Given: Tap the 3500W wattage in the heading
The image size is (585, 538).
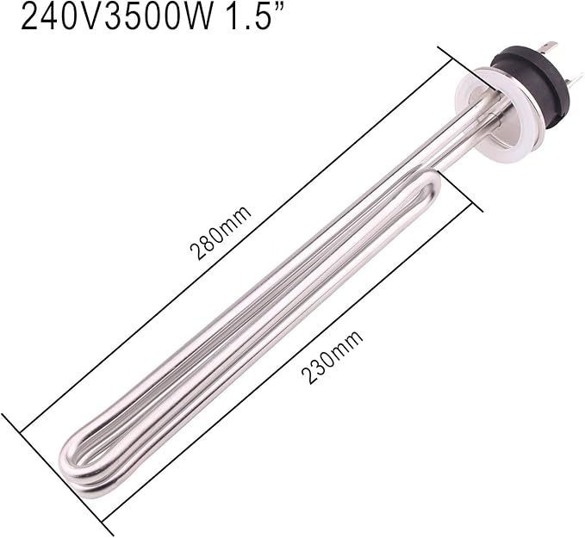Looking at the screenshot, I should pyautogui.click(x=165, y=17).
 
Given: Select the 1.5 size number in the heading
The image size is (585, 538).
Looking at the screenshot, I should pyautogui.click(x=252, y=17).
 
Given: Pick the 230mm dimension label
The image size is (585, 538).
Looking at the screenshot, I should pyautogui.click(x=332, y=356).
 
